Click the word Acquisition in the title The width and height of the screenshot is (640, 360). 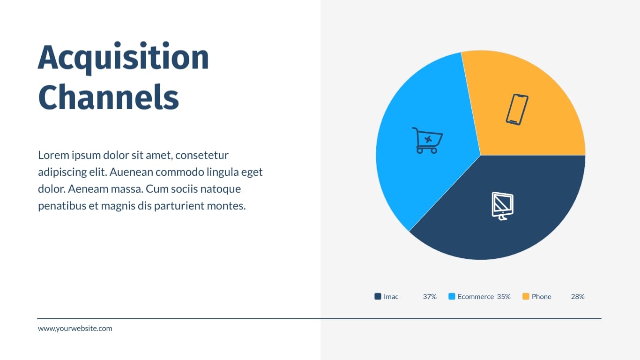[x=123, y=58]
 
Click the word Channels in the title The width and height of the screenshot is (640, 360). [x=109, y=97]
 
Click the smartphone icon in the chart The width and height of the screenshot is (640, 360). [x=517, y=110]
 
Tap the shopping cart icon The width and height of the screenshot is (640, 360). [x=427, y=141]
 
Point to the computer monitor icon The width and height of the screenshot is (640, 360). [x=503, y=206]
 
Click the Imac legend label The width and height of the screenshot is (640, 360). [x=391, y=297]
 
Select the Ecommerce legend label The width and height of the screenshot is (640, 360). [x=476, y=297]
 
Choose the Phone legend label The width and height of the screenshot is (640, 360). [x=542, y=297]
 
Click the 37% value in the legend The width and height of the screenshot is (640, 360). [x=430, y=297]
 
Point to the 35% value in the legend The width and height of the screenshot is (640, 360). [x=504, y=297]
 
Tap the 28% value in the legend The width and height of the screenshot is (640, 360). [x=578, y=297]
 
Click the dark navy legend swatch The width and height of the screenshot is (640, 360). [x=378, y=296]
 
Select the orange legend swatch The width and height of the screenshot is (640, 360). [x=526, y=296]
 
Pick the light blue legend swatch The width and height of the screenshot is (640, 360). [x=452, y=296]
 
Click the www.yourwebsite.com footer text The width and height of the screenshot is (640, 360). [x=75, y=329]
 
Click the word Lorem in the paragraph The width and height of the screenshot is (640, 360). [x=54, y=155]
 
